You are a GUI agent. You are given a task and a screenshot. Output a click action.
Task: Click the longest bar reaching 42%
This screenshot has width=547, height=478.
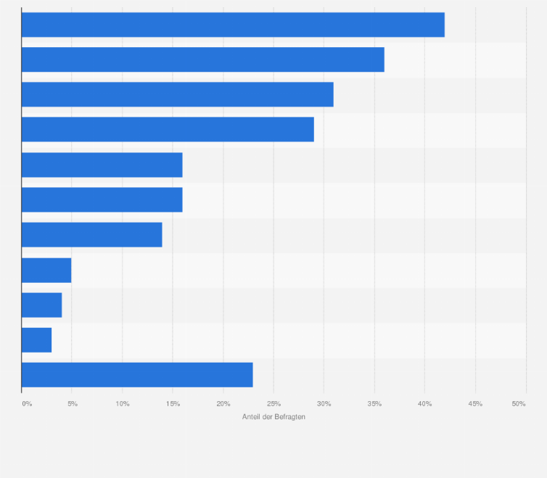(233, 25)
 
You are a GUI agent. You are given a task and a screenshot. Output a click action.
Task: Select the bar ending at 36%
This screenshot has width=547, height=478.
(202, 59)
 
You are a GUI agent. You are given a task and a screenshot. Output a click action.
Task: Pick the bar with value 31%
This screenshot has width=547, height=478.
(177, 94)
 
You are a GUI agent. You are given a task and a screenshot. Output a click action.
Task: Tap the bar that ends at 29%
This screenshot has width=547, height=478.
(168, 129)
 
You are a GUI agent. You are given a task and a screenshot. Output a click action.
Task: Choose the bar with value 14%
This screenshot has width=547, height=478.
(91, 235)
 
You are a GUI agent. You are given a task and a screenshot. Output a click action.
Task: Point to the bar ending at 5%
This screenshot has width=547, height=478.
(46, 270)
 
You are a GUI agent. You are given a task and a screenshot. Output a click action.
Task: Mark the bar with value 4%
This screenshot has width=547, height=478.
(41, 305)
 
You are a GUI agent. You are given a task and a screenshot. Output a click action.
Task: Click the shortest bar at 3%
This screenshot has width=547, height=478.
(36, 339)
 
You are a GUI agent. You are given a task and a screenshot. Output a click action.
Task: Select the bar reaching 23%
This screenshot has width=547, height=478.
(137, 374)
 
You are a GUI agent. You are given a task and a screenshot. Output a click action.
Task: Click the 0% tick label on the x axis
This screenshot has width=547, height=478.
(27, 403)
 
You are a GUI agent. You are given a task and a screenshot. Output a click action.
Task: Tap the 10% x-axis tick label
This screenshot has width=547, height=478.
(123, 403)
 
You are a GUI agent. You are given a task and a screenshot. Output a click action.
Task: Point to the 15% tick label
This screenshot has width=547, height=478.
(173, 403)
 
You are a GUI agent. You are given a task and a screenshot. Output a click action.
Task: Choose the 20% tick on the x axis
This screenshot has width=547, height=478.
(223, 403)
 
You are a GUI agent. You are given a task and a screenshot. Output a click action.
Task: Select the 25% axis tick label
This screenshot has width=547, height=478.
(273, 403)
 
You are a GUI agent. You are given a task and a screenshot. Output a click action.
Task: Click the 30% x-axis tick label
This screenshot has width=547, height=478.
(324, 403)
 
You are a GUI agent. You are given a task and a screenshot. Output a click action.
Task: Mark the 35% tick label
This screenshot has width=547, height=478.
(374, 403)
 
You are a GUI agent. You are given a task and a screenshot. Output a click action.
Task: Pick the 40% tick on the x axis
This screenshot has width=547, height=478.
(425, 403)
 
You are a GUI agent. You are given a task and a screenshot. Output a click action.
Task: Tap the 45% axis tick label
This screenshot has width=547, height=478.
(475, 403)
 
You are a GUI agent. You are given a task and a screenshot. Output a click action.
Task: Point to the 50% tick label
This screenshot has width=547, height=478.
(519, 403)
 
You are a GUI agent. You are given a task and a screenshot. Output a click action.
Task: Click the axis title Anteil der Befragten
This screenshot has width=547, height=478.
(273, 417)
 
